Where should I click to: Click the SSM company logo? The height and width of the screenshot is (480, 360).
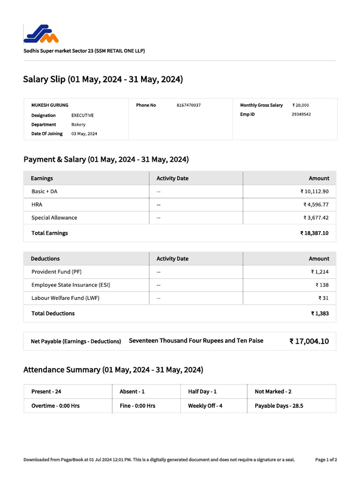tap(41, 33)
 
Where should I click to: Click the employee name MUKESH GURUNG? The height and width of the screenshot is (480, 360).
tap(50, 105)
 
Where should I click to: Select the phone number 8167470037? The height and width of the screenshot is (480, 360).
tap(188, 105)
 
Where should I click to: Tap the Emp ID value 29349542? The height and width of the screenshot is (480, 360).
tap(301, 114)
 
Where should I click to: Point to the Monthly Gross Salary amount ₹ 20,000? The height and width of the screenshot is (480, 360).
tap(300, 105)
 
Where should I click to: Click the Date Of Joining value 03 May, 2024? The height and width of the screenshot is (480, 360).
tap(84, 134)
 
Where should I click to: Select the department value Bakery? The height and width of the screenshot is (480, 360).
tap(78, 125)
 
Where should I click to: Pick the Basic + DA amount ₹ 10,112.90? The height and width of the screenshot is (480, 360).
tap(315, 192)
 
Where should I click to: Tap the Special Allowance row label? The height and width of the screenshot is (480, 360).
tap(54, 218)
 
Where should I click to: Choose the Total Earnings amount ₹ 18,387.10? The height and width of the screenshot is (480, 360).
tap(314, 233)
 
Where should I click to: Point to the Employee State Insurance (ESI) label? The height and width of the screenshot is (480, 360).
tap(71, 285)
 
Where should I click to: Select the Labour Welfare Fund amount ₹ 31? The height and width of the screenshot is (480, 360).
tap(323, 298)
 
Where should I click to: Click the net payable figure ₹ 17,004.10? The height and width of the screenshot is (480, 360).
tap(309, 341)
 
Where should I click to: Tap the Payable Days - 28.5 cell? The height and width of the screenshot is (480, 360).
tap(279, 406)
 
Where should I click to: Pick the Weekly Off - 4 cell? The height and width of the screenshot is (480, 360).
tap(205, 406)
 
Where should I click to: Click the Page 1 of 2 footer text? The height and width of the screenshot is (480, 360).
tap(326, 460)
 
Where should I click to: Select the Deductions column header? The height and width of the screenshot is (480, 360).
tap(45, 259)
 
